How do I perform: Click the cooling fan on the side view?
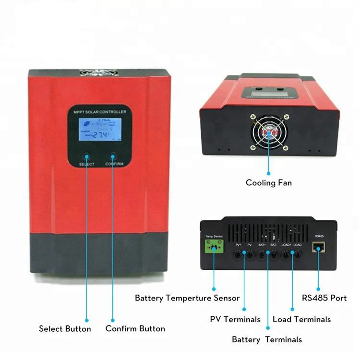click(x=268, y=130)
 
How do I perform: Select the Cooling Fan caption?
click(x=269, y=182)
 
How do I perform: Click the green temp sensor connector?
click(x=214, y=248)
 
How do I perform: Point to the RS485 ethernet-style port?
click(x=318, y=247)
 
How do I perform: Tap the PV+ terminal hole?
click(x=239, y=255)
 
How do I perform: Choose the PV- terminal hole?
click(x=250, y=255)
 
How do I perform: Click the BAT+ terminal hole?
click(x=262, y=255)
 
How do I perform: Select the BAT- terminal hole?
click(x=274, y=255)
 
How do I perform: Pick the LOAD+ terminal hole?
click(x=286, y=255)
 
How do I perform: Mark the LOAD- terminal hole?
click(x=297, y=255)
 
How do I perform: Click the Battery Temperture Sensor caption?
click(x=187, y=298)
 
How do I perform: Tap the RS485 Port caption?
click(x=324, y=298)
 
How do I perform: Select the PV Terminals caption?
click(x=235, y=319)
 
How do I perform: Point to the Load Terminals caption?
click(x=301, y=319)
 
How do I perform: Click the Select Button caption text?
click(x=65, y=329)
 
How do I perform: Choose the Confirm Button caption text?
click(x=135, y=329)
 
